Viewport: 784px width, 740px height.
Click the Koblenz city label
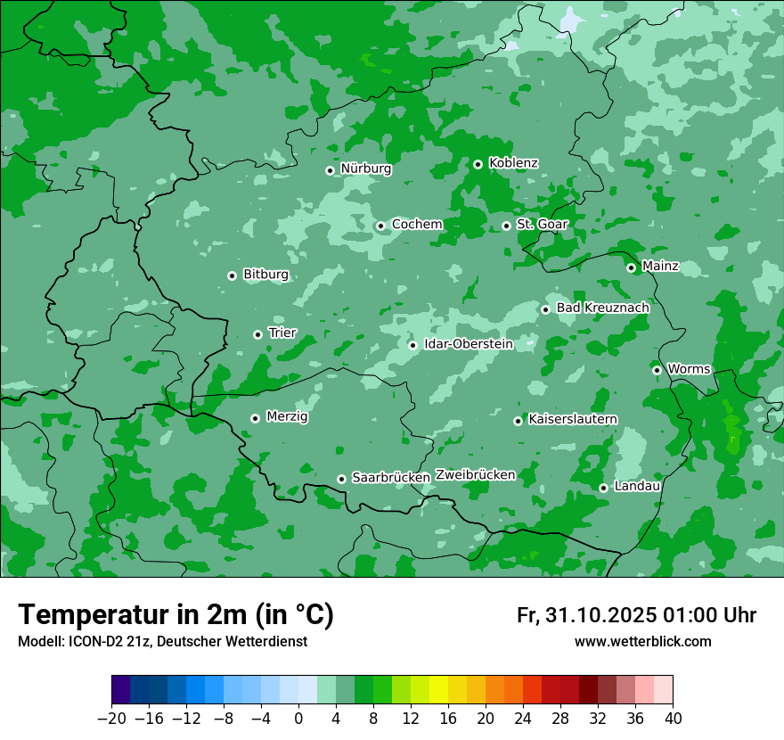[x=513, y=163]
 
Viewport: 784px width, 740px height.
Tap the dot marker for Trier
[x=258, y=334]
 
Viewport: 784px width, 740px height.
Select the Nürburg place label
[x=365, y=169]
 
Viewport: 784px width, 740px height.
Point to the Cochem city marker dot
[x=380, y=226]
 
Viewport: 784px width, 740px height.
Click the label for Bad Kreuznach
[x=602, y=308]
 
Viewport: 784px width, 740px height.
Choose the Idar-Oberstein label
[x=469, y=343]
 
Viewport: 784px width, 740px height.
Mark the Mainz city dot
[x=631, y=267]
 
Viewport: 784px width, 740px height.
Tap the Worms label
[x=689, y=368]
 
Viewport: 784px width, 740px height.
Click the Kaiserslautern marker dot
[x=518, y=421]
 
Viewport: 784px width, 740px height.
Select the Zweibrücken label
[x=476, y=474]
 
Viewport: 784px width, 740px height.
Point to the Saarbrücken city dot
[x=341, y=479]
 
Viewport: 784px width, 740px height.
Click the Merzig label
[x=287, y=416]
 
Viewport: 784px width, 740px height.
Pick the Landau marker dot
[x=603, y=488]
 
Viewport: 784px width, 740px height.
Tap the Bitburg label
[x=265, y=275]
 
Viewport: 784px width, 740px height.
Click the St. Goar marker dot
[x=506, y=226]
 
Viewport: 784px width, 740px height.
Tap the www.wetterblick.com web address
[x=642, y=641]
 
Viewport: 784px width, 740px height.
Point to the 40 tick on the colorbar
[x=673, y=719]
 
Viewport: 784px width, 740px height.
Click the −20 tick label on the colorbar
[x=111, y=719]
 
